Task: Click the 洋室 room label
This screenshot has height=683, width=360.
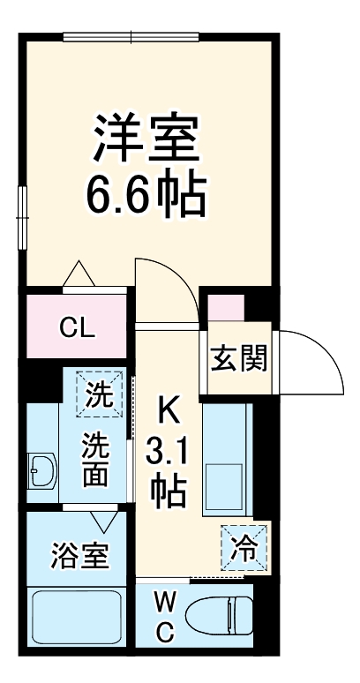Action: point(146,137)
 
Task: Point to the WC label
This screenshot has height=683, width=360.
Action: point(165,618)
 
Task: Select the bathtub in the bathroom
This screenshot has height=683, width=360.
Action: point(78,618)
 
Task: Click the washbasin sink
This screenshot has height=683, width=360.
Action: point(41,471)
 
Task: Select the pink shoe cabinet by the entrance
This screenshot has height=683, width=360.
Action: point(226,308)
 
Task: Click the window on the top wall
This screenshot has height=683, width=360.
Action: point(131,37)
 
